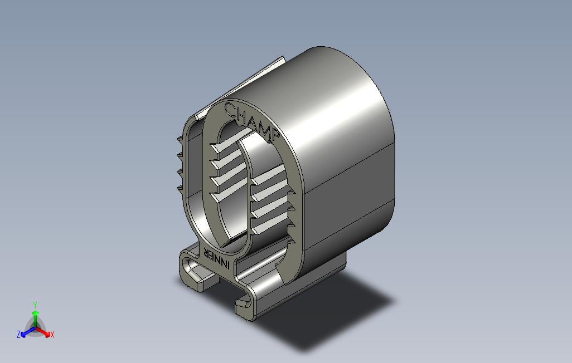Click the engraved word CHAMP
(252, 121)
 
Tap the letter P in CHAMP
(275, 135)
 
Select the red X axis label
(52, 335)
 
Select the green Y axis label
(35, 305)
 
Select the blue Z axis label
(18, 334)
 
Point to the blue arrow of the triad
(28, 332)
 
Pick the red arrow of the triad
(43, 332)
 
